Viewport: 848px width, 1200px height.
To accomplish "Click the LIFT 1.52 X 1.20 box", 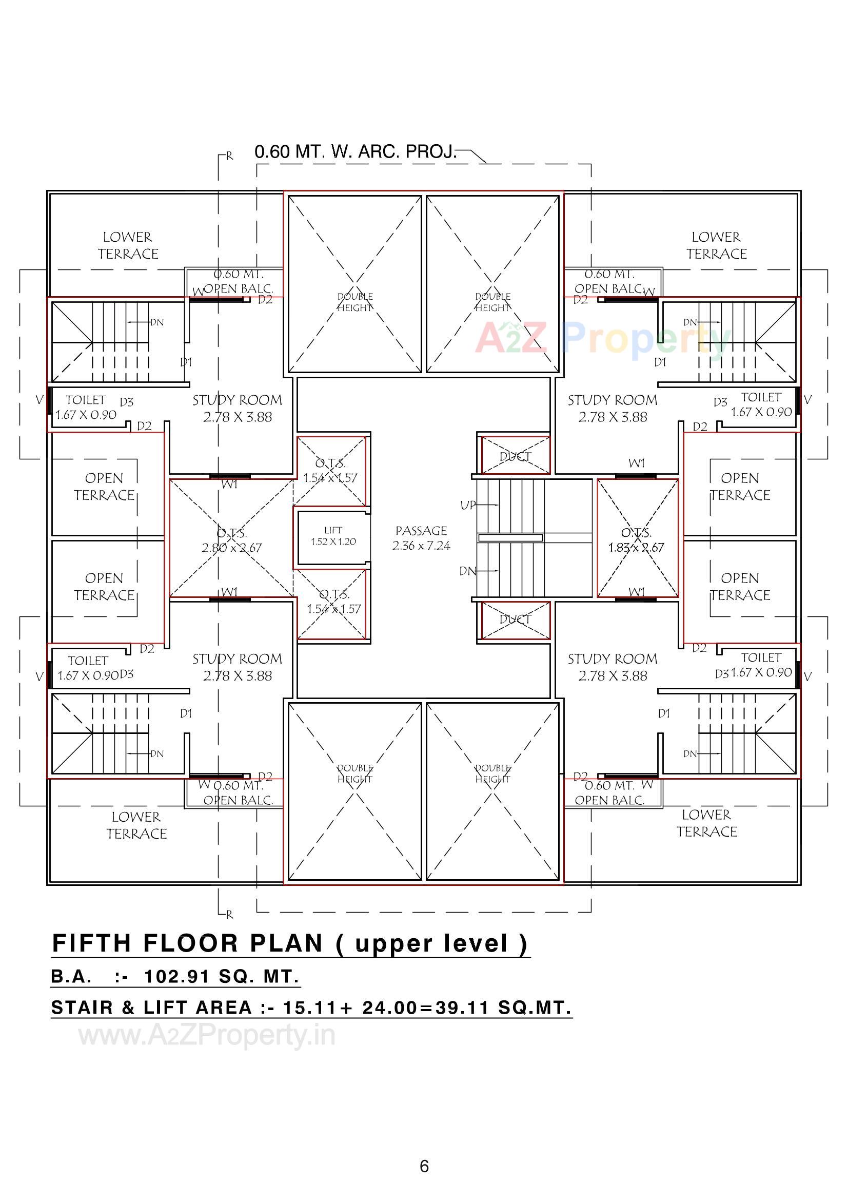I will pyautogui.click(x=333, y=536).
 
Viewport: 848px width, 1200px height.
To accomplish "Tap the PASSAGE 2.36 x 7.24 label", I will pyautogui.click(x=421, y=538).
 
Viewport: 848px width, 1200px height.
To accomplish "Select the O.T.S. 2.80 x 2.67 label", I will pyautogui.click(x=231, y=540).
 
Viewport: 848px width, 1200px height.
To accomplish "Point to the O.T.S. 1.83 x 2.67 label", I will pyautogui.click(x=635, y=540).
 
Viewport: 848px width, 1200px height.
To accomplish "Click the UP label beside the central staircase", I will pyautogui.click(x=468, y=505).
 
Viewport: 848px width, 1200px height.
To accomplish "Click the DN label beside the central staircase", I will pyautogui.click(x=468, y=571).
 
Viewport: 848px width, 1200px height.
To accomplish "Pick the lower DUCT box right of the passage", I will pyautogui.click(x=515, y=620).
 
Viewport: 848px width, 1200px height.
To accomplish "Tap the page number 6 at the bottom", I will pyautogui.click(x=424, y=1166).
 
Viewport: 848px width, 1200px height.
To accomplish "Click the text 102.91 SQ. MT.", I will pyautogui.click(x=222, y=976).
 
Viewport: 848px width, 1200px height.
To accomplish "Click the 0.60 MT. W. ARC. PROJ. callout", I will pyautogui.click(x=356, y=151).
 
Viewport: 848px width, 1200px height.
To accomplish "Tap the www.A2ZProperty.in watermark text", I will pyautogui.click(x=207, y=1035).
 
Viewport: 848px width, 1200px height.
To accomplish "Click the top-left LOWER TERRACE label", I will pyautogui.click(x=128, y=245).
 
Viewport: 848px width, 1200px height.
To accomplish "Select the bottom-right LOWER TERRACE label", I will pyautogui.click(x=706, y=823).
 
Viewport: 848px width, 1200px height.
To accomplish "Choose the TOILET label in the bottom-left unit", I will pyautogui.click(x=88, y=661).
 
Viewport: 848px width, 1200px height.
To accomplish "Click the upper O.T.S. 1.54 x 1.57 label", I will pyautogui.click(x=330, y=470).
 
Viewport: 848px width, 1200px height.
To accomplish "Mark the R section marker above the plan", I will pyautogui.click(x=229, y=156).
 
